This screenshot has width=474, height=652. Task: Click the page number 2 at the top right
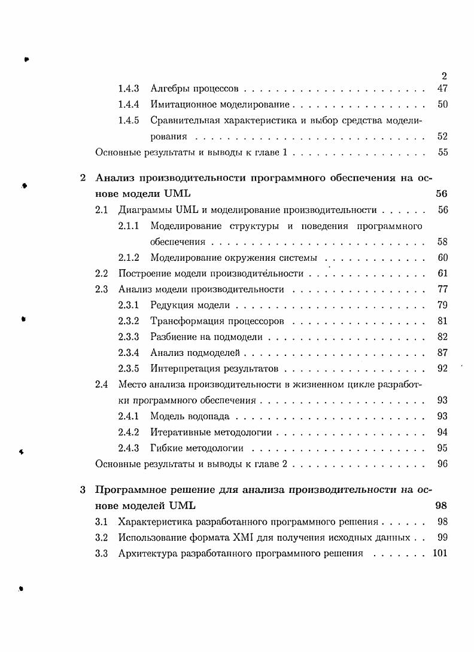(444, 76)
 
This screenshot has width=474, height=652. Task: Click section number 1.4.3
(129, 89)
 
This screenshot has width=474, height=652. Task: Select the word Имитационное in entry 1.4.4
(180, 105)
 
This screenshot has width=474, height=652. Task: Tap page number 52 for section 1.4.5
(442, 136)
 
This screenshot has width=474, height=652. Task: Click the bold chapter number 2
(83, 178)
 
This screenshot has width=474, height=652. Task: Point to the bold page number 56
(442, 194)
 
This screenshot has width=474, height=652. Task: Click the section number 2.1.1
(129, 226)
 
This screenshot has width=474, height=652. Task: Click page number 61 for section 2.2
(442, 273)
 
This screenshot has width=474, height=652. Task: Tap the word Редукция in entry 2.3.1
(170, 305)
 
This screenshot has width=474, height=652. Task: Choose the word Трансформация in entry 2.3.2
(183, 321)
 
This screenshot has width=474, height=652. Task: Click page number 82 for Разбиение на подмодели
(442, 337)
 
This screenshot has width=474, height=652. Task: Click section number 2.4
(102, 384)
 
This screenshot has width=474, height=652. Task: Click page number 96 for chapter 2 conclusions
(442, 464)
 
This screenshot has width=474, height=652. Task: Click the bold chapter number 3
(83, 490)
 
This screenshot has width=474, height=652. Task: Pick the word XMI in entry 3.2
(230, 538)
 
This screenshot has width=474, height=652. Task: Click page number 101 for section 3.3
(439, 553)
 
